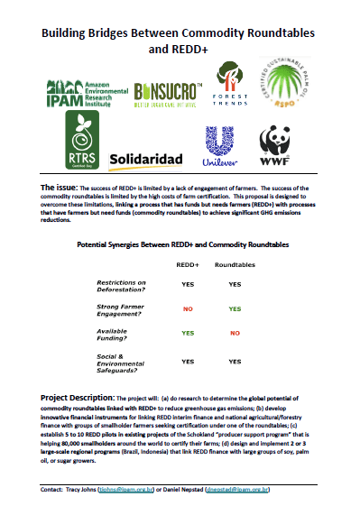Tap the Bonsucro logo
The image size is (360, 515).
(x=167, y=91)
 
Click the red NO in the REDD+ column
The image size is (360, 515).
(x=188, y=309)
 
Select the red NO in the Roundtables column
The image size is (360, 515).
(x=235, y=334)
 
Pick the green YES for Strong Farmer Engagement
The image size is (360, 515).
(x=235, y=309)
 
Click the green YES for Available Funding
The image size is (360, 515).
(x=188, y=334)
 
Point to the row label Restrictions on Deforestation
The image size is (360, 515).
(x=121, y=288)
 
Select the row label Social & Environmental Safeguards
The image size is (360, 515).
(x=122, y=363)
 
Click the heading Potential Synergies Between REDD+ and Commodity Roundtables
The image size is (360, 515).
(x=180, y=245)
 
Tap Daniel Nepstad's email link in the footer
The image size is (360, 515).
(x=263, y=491)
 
